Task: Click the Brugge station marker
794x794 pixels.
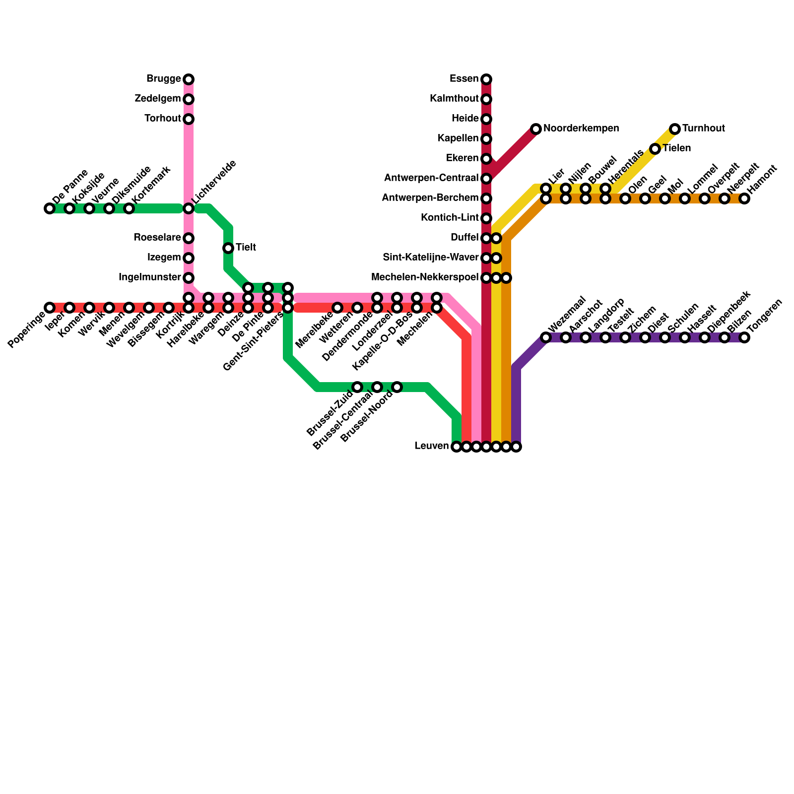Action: [189, 79]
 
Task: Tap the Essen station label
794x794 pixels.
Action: [464, 79]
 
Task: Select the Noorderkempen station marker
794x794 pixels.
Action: [536, 129]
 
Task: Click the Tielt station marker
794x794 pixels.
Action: [228, 248]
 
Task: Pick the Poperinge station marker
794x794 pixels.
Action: [50, 308]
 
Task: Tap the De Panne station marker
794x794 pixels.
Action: [50, 208]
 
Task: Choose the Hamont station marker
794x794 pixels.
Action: [744, 198]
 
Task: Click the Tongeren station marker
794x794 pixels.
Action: [744, 337]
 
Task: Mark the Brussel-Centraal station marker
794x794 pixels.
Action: [377, 387]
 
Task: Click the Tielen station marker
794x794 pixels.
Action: [655, 149]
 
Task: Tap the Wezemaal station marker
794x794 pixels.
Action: [546, 337]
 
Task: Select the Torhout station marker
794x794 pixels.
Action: [189, 119]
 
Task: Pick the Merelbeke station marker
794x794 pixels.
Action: [337, 308]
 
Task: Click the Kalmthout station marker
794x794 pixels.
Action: [486, 99]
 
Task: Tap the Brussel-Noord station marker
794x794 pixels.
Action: [397, 387]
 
